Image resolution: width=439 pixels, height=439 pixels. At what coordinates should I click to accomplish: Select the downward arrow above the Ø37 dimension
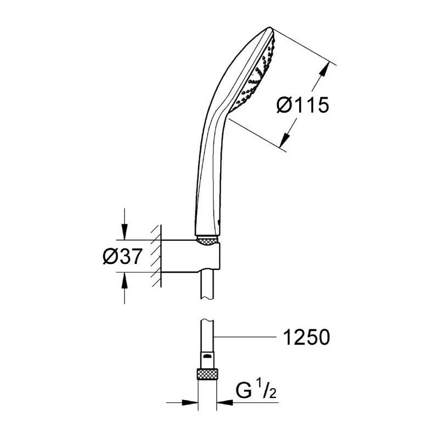coord(125,233)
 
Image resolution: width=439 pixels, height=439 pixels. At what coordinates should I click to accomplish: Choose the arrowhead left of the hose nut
coord(192,403)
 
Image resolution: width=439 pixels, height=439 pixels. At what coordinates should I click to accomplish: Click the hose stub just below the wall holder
coord(207,285)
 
